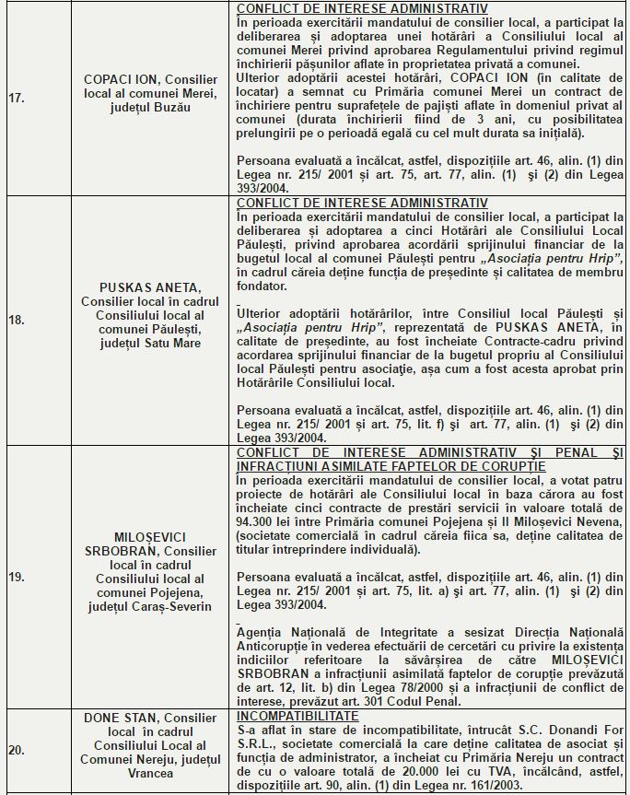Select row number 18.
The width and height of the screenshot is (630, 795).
(16, 321)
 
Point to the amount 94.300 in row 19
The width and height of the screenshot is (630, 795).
(257, 521)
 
